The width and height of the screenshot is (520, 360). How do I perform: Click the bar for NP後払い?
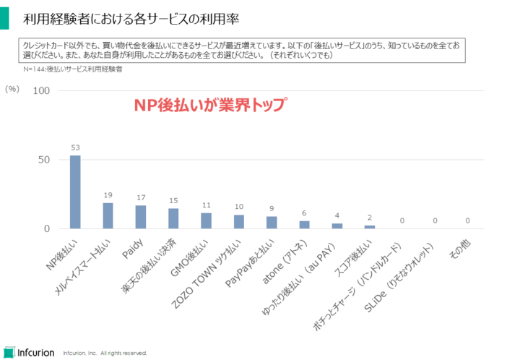75,192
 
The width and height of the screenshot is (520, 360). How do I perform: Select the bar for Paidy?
141,217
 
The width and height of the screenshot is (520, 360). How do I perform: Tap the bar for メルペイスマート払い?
108,215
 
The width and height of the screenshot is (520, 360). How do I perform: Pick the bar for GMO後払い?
207,220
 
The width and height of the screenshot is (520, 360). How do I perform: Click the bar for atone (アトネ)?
305,225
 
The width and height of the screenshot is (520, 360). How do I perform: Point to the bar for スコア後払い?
370,227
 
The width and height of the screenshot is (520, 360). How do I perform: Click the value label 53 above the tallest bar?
75,147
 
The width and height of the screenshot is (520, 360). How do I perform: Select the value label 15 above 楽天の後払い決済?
173,200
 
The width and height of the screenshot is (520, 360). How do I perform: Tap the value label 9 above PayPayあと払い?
272,208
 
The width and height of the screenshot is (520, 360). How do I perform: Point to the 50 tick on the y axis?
43,160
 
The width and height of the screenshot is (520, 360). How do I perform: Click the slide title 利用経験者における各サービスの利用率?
131,16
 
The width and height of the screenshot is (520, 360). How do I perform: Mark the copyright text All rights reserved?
124,353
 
